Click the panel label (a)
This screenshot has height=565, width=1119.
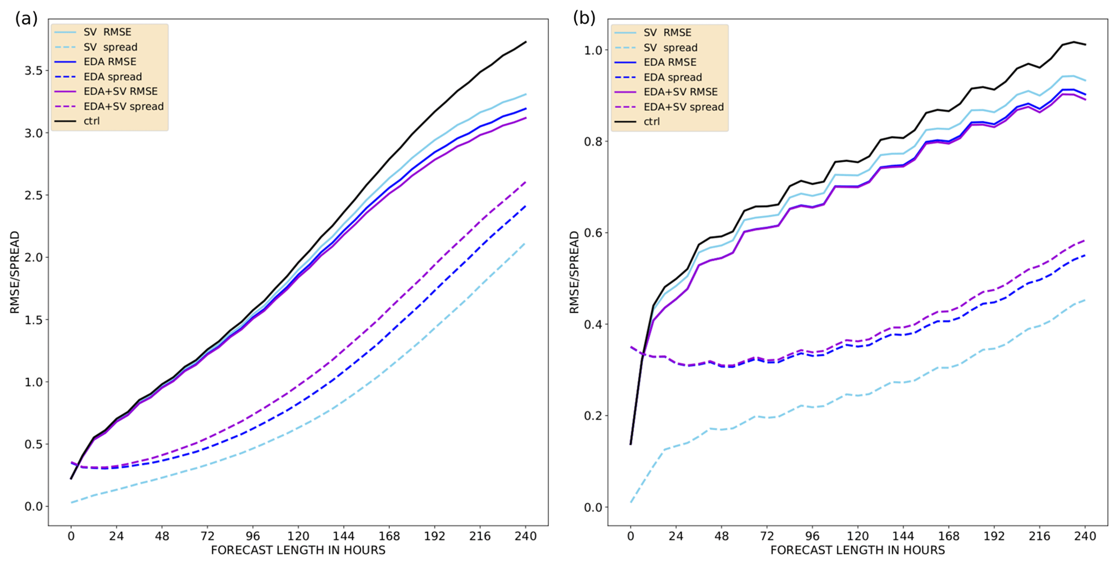26,19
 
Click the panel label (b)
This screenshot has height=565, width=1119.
584,18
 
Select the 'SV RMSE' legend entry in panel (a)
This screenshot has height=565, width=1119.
107,32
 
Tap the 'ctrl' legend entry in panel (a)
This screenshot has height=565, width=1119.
91,121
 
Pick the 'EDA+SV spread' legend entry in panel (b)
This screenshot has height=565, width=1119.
683,107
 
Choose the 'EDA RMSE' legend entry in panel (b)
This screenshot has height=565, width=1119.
670,62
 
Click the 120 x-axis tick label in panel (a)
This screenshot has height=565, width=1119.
298,536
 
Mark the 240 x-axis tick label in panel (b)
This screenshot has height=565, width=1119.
1085,536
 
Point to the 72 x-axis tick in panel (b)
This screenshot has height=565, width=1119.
767,536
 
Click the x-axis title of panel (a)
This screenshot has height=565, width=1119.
298,550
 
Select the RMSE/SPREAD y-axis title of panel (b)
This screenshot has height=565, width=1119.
574,272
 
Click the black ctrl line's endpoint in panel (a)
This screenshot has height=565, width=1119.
526,42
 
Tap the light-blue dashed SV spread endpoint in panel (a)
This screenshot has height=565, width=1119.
526,243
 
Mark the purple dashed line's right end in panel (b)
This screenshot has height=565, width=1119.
1085,240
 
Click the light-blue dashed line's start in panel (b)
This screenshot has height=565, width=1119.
631,503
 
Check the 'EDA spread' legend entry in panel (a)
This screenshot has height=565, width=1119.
113,77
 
